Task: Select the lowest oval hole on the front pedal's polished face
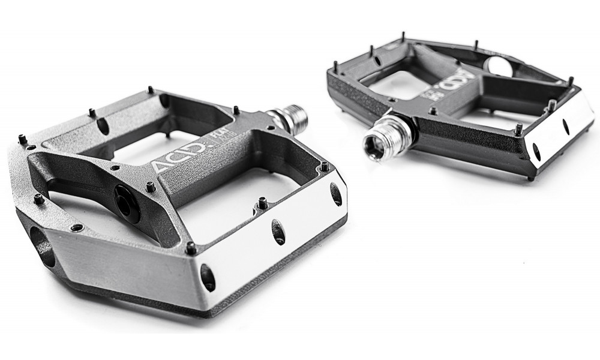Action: tap(207, 277)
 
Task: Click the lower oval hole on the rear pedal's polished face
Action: tap(537, 153)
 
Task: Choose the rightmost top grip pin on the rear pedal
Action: tap(570, 80)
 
